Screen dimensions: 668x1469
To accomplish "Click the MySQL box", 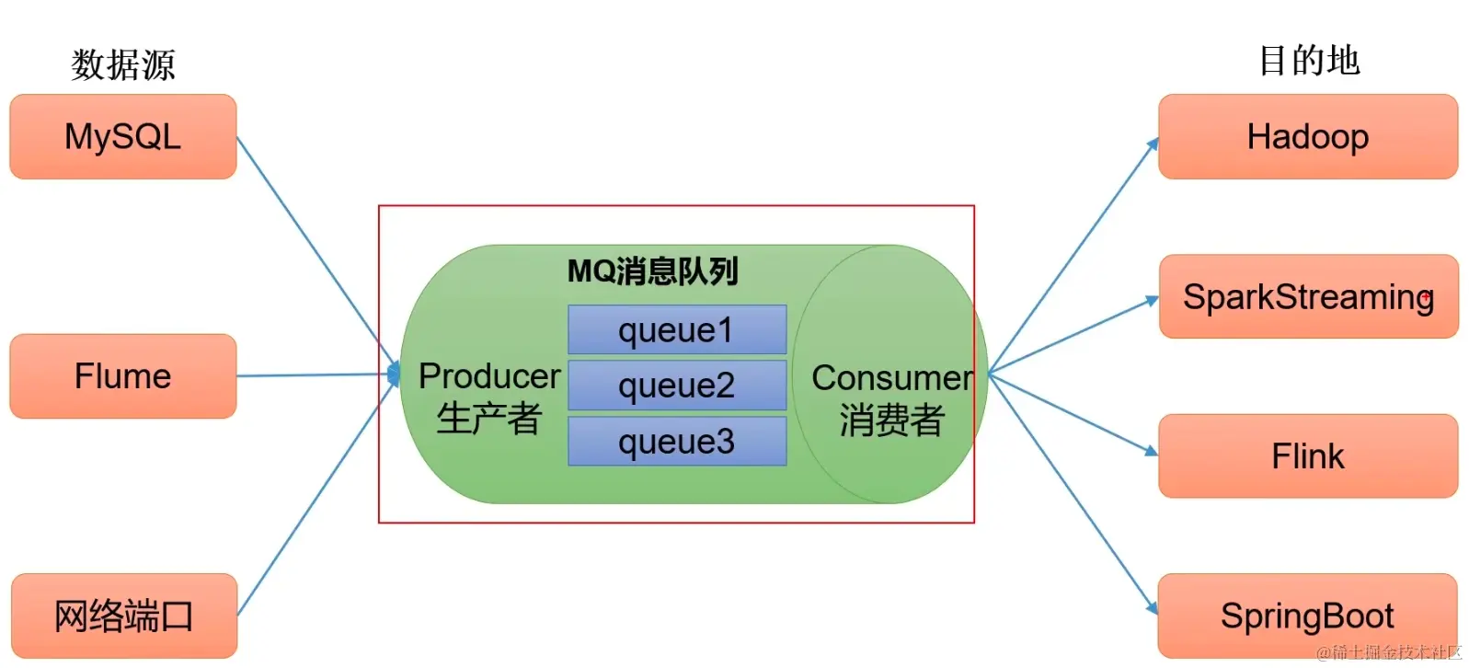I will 122,136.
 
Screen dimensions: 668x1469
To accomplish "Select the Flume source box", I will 122,376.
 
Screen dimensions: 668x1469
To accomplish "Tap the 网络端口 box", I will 123,616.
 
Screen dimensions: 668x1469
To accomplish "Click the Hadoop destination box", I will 1307,136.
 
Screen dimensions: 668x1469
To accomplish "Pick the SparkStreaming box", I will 1308,296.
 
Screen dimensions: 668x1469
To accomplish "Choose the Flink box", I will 1307,456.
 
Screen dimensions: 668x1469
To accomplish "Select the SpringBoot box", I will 1307,616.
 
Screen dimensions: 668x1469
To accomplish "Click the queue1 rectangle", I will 676,329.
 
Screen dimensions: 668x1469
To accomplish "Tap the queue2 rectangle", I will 676,386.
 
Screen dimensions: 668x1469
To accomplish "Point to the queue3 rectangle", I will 676,442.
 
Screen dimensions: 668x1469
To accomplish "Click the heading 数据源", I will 122,64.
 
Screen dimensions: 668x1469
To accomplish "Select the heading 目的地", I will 1308,61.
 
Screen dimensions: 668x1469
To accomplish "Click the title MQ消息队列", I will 652,271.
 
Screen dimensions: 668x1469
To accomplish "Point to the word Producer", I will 489,376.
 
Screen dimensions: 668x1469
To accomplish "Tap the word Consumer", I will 891,378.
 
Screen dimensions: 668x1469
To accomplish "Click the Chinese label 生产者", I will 488,419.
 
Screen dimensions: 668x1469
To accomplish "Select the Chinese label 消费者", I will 891,420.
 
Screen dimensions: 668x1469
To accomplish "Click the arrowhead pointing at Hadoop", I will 1153,144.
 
